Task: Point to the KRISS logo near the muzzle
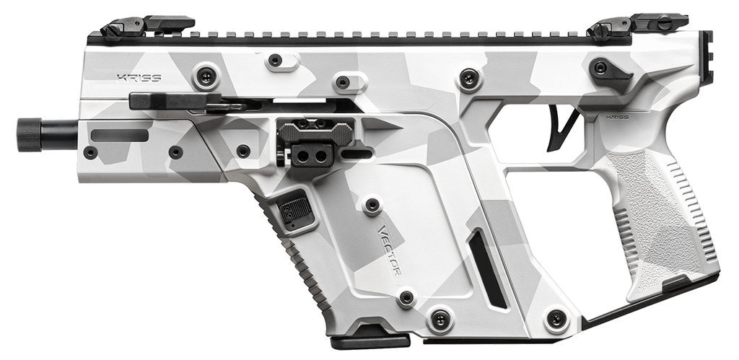(x=138, y=76)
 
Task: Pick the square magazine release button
(x=296, y=209)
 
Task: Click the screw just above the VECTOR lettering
(x=372, y=206)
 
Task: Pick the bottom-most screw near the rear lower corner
(x=556, y=318)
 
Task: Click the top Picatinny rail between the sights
(x=390, y=35)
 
